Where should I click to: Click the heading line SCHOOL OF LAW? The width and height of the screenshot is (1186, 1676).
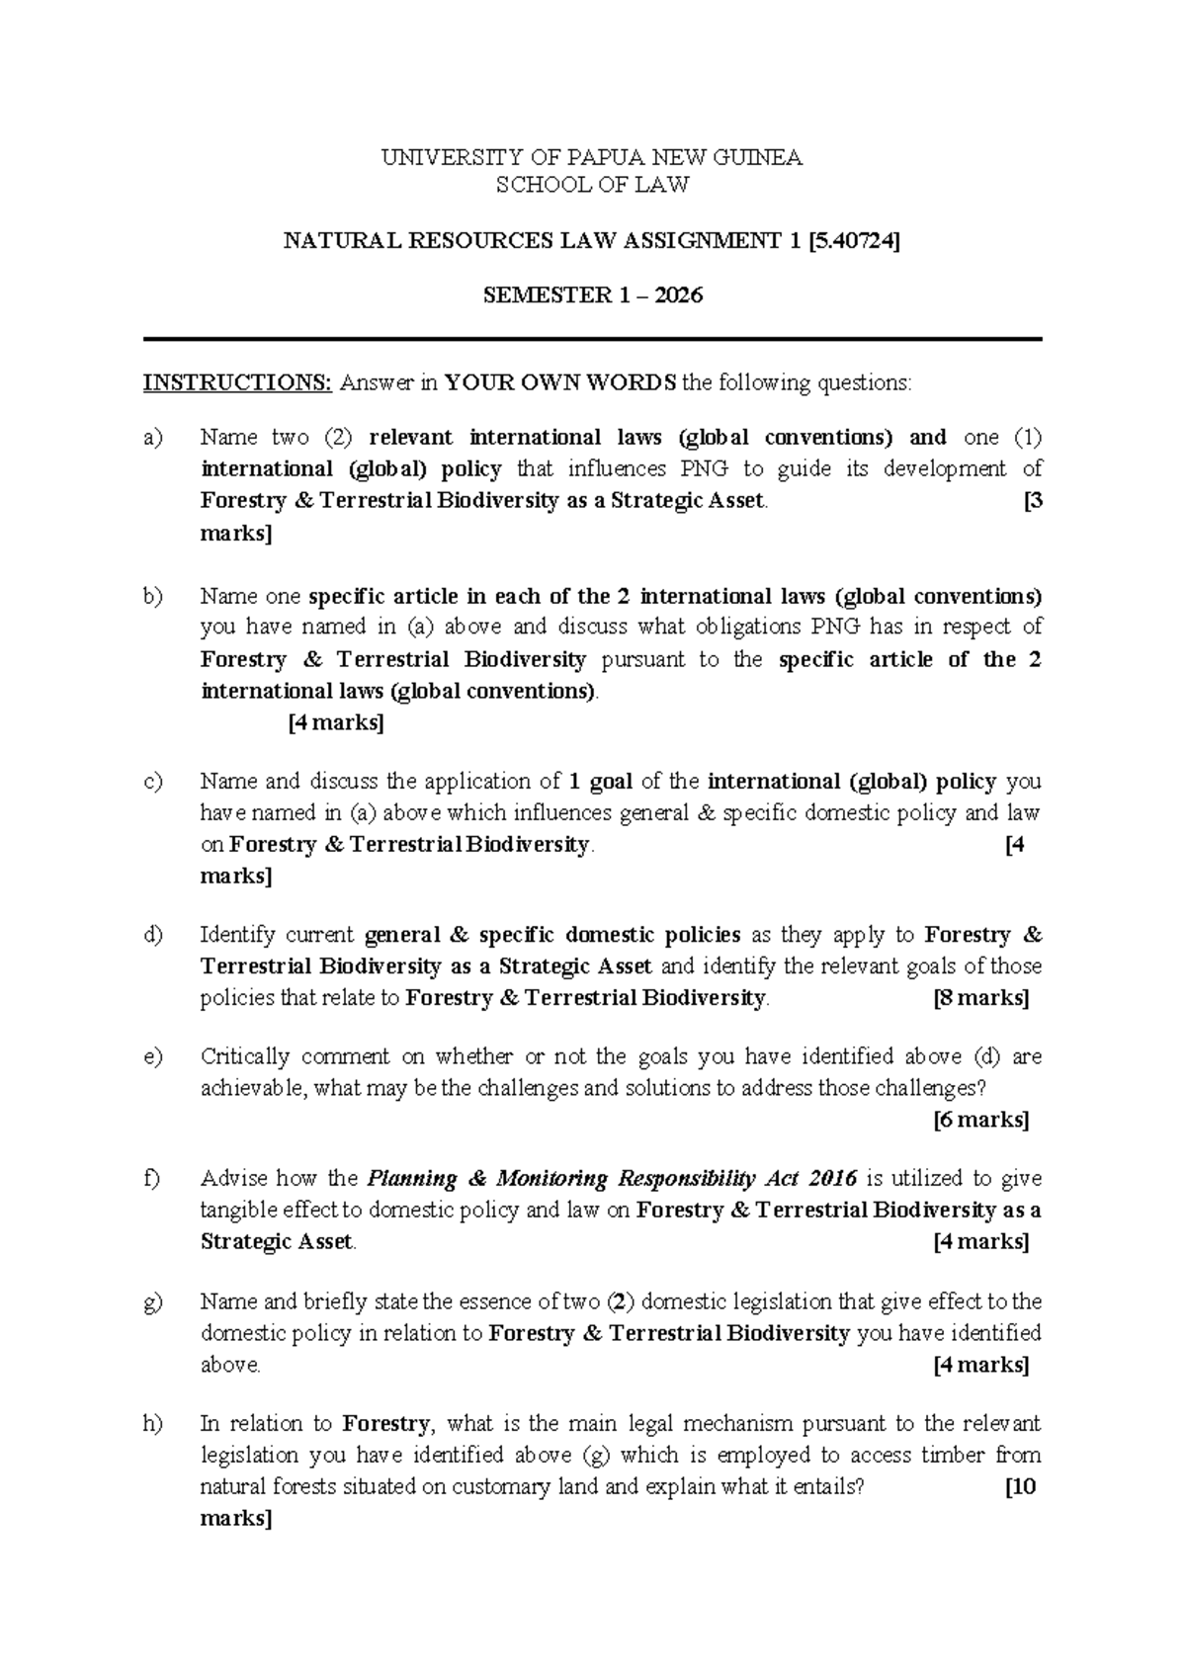point(592,184)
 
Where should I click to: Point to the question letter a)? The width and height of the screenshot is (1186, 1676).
point(153,437)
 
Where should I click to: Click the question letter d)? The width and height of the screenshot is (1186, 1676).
point(153,935)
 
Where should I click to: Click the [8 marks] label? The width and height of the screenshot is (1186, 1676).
point(981,998)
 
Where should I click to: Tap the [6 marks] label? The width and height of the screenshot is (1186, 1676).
point(981,1120)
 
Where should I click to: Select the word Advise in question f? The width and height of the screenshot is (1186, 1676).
point(231,1179)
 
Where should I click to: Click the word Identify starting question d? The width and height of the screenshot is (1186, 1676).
point(235,935)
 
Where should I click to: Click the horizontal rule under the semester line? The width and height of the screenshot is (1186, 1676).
point(593,340)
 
